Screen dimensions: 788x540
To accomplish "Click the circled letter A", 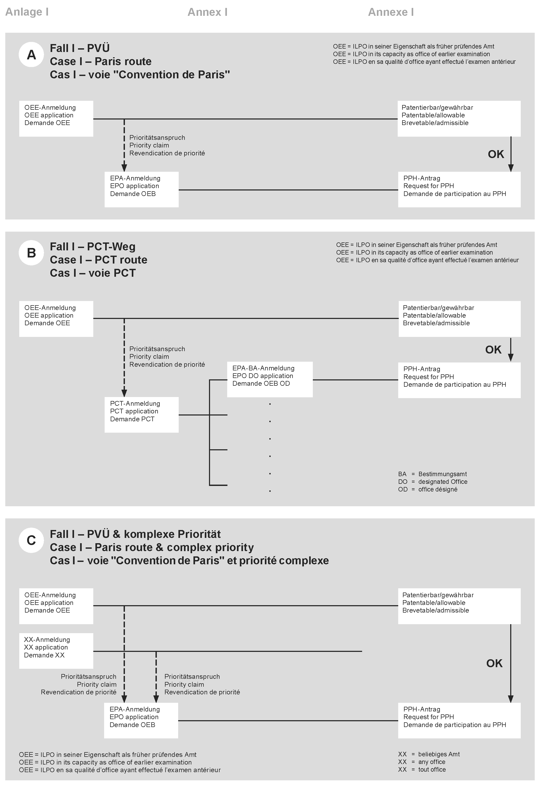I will click(31, 55).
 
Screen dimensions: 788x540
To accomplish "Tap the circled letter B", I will click(31, 253).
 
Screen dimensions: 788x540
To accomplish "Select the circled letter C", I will click(31, 540).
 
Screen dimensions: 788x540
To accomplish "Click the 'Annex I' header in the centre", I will click(207, 12).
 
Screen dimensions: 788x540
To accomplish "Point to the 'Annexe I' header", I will click(391, 12).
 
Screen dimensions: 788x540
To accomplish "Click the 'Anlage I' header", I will click(27, 12).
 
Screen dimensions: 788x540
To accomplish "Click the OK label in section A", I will click(496, 154).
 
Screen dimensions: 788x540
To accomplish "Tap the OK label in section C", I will click(494, 663).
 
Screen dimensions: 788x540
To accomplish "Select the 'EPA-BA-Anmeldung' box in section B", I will click(270, 379).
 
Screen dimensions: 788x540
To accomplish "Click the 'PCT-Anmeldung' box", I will click(141, 414).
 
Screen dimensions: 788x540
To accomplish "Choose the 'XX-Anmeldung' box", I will click(56, 650).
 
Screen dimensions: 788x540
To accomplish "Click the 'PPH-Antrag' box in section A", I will click(459, 189).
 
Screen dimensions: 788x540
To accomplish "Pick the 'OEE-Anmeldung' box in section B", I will click(56, 318).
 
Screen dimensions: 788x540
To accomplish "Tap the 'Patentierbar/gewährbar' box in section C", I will click(459, 606).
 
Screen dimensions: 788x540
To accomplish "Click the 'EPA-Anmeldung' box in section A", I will click(141, 189).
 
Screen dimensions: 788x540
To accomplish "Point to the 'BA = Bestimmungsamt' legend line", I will click(432, 474).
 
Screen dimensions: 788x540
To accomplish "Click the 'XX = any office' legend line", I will click(421, 762).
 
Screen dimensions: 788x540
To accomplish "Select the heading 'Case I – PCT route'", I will click(99, 260).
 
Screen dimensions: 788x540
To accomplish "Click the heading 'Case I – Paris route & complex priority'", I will click(152, 547).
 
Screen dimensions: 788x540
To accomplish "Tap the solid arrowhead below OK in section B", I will click(510, 357).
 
